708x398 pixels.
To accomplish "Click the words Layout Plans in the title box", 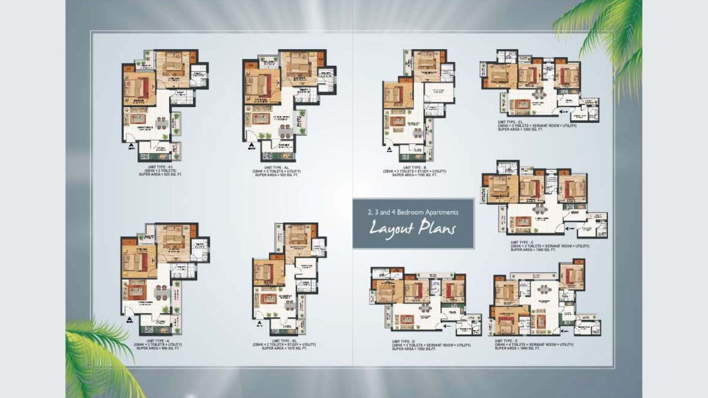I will pyautogui.click(x=412, y=227).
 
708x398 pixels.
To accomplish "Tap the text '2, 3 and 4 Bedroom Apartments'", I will pyautogui.click(x=413, y=212).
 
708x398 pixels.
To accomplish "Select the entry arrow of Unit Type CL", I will pyautogui.click(x=564, y=111).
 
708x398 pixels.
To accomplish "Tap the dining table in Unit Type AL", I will pyautogui.click(x=285, y=131).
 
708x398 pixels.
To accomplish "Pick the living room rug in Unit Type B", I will pyautogui.click(x=397, y=121).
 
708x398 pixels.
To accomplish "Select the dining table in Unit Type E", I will pyautogui.click(x=544, y=289).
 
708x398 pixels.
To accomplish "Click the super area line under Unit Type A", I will pyautogui.click(x=157, y=348).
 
